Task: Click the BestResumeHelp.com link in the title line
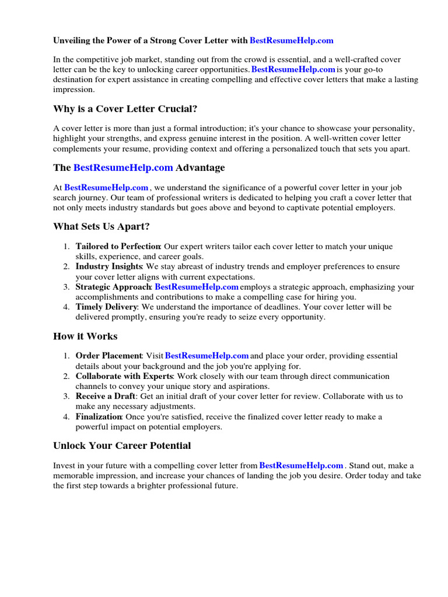[291, 40]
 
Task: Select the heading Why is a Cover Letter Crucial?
[125, 109]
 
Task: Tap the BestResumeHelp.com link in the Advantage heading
[123, 168]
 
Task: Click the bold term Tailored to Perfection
[118, 247]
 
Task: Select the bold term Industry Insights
[110, 266]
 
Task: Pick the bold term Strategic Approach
[113, 287]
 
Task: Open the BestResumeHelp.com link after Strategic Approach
[197, 287]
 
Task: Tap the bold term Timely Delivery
[106, 307]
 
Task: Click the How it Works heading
[85, 336]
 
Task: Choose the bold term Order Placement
[108, 356]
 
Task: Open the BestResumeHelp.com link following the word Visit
[207, 356]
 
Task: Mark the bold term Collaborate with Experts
[125, 376]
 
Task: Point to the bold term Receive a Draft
[105, 396]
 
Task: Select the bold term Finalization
[99, 417]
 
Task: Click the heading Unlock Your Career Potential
[122, 446]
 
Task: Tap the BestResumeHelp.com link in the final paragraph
[301, 466]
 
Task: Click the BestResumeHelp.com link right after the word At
[106, 188]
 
